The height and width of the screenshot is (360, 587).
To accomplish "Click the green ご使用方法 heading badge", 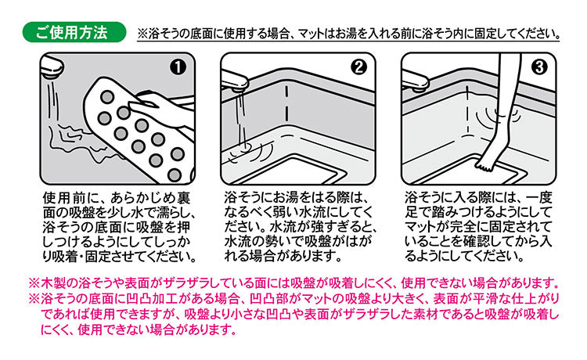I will (x=75, y=33).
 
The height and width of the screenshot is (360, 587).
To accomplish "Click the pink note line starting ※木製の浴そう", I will (x=293, y=282).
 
